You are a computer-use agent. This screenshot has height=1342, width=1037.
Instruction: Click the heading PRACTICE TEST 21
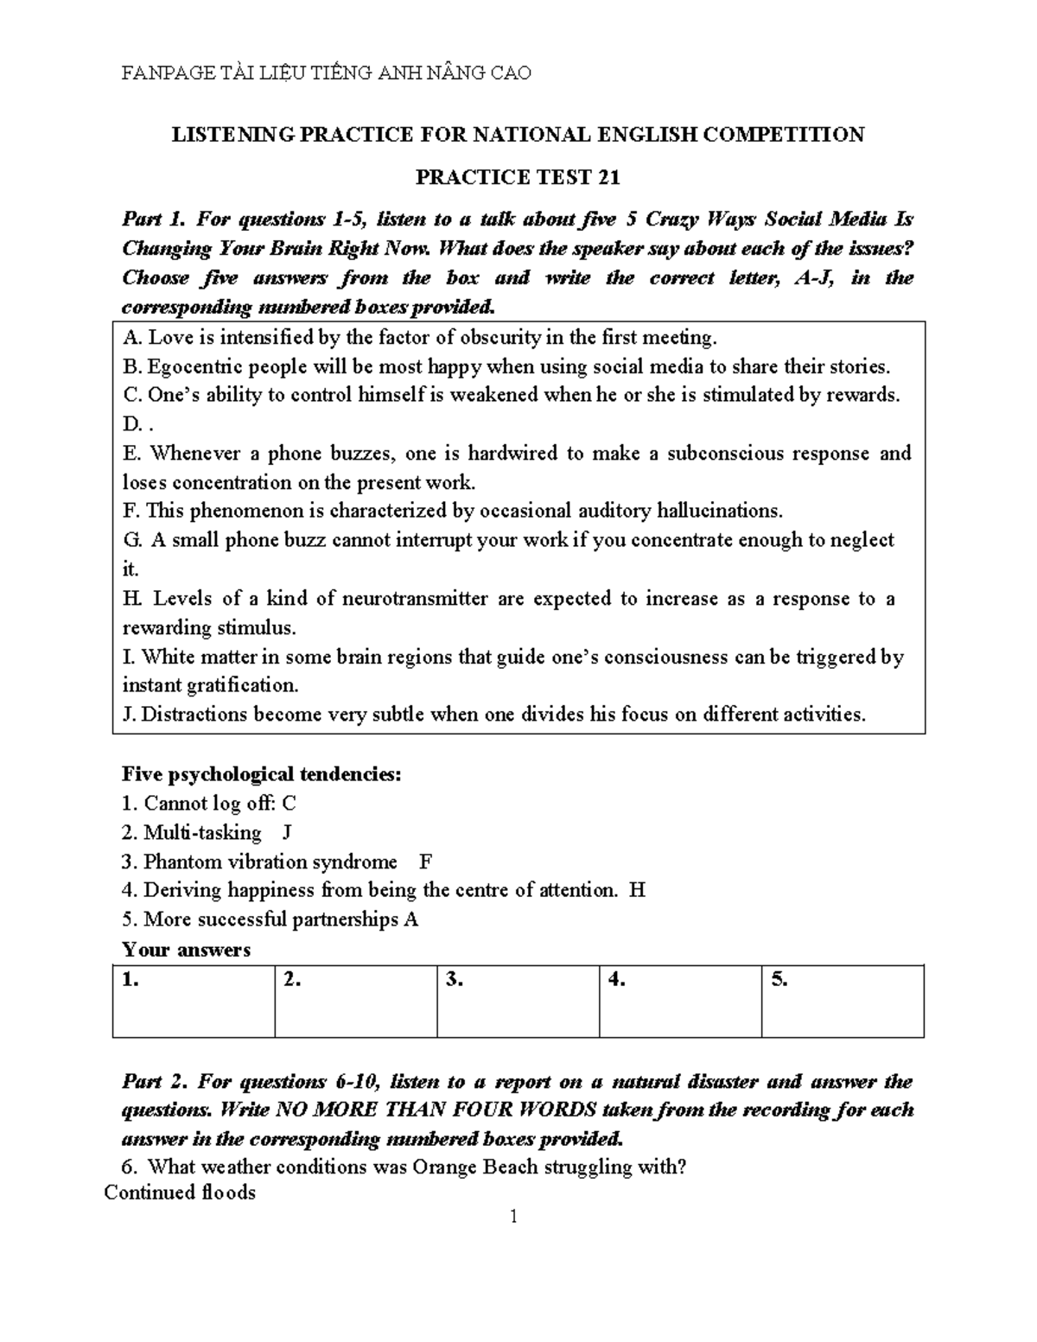(518, 177)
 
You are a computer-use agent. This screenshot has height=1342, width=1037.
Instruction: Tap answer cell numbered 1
(194, 1001)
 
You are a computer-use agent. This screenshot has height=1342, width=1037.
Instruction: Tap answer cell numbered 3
(518, 1001)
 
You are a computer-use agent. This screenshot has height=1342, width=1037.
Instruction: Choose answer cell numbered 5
(842, 1001)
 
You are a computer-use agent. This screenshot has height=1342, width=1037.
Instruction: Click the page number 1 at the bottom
(514, 1218)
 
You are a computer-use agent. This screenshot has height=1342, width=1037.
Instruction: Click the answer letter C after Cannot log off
(289, 804)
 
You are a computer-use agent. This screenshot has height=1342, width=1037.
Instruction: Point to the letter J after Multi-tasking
(287, 833)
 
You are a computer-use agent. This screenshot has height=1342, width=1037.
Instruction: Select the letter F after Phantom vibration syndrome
(424, 862)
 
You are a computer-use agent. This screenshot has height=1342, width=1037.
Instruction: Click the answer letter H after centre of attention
(638, 890)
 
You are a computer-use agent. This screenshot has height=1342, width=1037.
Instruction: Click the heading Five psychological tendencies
(262, 774)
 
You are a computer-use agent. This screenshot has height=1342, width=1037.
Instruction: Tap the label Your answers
(186, 950)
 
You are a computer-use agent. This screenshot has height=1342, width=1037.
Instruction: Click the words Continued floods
(180, 1193)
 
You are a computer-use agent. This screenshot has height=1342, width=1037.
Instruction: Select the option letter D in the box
(131, 424)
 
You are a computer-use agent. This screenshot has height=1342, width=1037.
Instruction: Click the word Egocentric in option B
(189, 366)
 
